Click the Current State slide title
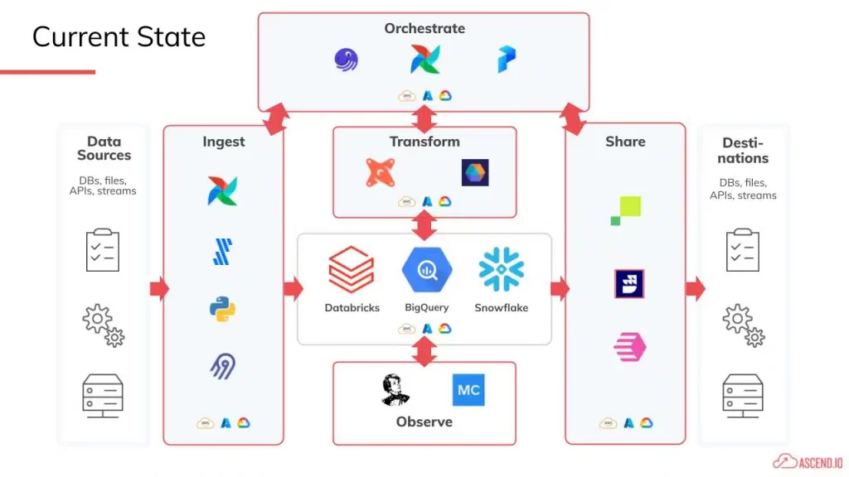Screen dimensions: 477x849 119,37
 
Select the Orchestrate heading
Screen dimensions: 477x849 424,28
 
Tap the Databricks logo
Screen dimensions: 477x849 352,270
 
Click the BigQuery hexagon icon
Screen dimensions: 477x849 426,270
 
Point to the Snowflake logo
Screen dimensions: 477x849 501,270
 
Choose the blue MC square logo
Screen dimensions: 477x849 468,390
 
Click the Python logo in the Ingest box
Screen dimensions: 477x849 223,309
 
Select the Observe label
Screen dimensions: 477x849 424,422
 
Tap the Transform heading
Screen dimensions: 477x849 424,142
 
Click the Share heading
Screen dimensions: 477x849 625,142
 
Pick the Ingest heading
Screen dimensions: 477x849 224,142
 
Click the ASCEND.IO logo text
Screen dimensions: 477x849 817,460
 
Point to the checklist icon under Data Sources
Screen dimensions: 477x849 103,250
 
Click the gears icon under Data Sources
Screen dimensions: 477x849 103,324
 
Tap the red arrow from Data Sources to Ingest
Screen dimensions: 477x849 158,289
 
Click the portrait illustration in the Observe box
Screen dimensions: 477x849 395,390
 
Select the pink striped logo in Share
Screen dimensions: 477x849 629,347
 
